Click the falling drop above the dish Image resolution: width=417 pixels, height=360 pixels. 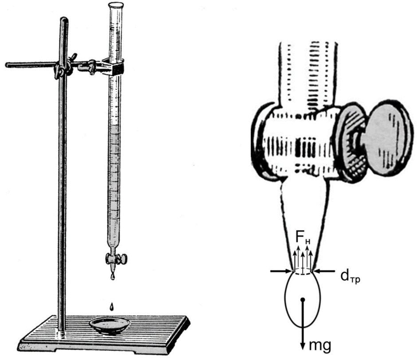click(x=112, y=306)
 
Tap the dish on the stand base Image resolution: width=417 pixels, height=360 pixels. click(x=110, y=326)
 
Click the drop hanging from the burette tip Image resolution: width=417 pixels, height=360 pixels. click(x=113, y=275)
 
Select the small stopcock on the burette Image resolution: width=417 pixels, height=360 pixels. click(x=117, y=259)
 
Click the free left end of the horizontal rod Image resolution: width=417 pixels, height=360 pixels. click(x=7, y=65)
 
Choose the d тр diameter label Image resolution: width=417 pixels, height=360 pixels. click(x=350, y=277)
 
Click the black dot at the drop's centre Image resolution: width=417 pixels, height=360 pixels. click(x=303, y=300)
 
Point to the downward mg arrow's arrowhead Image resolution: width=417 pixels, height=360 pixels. click(x=303, y=346)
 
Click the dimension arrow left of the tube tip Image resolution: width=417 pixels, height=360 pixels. click(x=281, y=271)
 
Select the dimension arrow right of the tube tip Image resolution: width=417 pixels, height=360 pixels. click(x=324, y=271)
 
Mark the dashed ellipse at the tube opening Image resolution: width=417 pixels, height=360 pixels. click(x=303, y=273)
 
